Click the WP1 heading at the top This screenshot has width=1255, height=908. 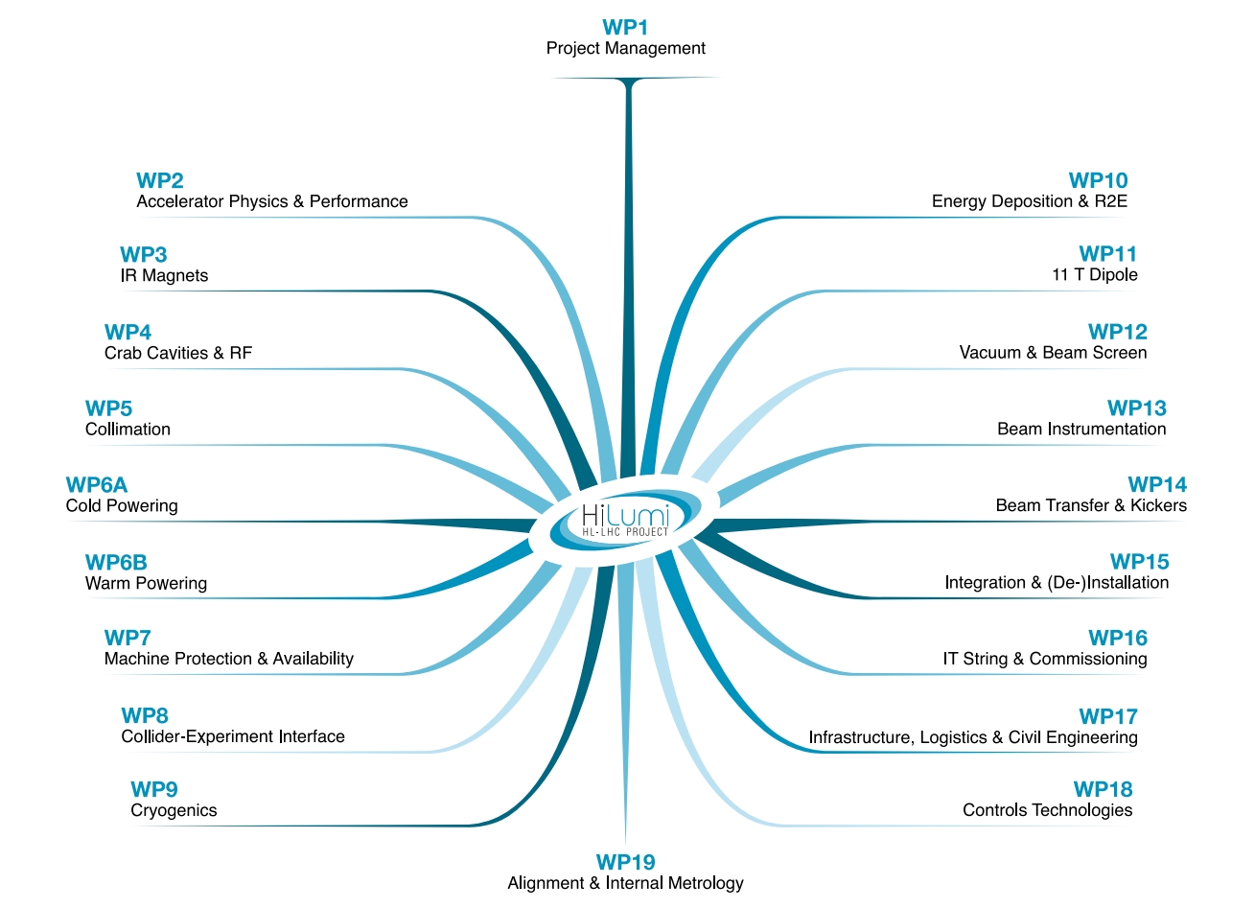pyautogui.click(x=625, y=28)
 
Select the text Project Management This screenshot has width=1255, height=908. pyautogui.click(x=625, y=49)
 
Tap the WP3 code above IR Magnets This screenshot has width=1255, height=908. pyautogui.click(x=144, y=255)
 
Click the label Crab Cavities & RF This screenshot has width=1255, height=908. pyautogui.click(x=178, y=354)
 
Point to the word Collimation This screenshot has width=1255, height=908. pyautogui.click(x=128, y=430)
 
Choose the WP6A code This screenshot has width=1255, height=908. pyautogui.click(x=97, y=485)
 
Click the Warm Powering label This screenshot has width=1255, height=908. pyautogui.click(x=146, y=584)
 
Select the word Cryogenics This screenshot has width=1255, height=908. pyautogui.click(x=174, y=811)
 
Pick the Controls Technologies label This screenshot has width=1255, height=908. pyautogui.click(x=1047, y=811)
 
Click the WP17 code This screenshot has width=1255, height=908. pyautogui.click(x=1107, y=717)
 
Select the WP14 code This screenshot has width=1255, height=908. pyautogui.click(x=1157, y=485)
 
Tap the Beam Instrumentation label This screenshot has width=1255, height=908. pyautogui.click(x=1081, y=430)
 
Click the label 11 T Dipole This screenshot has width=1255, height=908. pyautogui.click(x=1094, y=275)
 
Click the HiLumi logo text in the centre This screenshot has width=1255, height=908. pyautogui.click(x=625, y=518)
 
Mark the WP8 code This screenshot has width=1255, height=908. pyautogui.click(x=145, y=716)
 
